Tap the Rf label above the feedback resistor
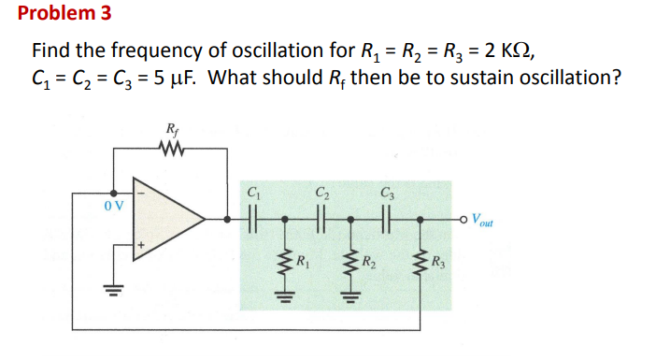point(172,128)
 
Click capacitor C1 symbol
point(251,222)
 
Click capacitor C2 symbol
point(321,222)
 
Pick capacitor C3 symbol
point(386,222)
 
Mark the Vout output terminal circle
point(464,222)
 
